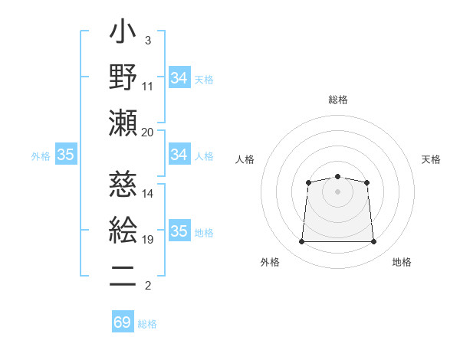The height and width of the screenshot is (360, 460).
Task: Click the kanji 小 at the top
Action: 123,35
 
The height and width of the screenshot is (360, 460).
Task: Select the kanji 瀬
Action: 123,122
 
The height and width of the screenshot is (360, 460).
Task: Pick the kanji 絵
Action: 123,229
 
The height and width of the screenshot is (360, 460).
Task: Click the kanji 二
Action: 123,275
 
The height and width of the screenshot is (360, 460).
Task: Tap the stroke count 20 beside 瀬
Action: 147,132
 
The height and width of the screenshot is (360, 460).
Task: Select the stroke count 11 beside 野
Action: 147,86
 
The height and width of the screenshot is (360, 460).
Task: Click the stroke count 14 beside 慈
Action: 147,193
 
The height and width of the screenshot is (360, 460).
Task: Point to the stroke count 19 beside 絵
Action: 147,240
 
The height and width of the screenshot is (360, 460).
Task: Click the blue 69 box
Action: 123,322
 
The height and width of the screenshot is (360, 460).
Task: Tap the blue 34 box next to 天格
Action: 179,77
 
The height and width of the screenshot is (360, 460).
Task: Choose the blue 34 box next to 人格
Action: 179,155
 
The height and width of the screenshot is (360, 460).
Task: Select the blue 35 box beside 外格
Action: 66,155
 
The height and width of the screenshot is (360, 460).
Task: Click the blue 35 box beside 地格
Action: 179,231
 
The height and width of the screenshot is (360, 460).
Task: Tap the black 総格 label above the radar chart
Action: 337,100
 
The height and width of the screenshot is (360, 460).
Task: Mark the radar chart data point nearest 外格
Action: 301,242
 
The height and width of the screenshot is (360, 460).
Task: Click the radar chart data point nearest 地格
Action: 374,242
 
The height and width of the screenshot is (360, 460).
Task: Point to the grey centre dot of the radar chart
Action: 337,191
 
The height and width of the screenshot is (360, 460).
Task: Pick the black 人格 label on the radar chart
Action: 245,159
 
